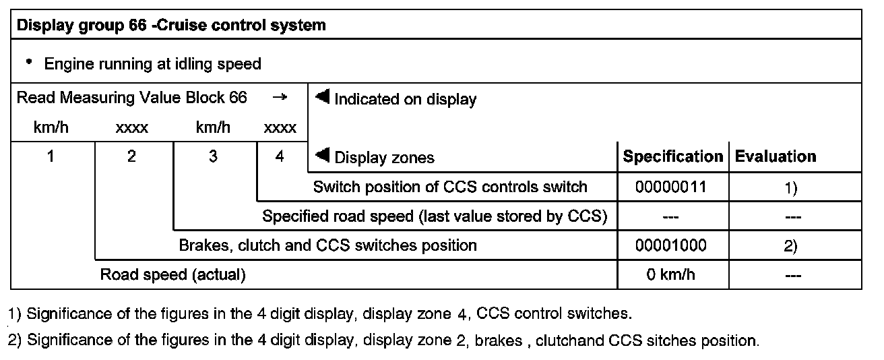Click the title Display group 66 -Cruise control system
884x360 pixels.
coord(171,26)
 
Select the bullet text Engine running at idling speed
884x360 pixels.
coord(152,65)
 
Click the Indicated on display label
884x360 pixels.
coord(404,100)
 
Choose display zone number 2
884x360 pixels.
coord(132,156)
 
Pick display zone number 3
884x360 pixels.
coord(213,156)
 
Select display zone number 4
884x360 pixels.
coord(280,156)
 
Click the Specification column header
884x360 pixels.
coord(672,156)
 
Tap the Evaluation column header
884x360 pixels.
coord(775,156)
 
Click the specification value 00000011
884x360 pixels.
coord(670,187)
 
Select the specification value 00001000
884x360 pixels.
coord(670,245)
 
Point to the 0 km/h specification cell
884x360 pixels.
coord(670,274)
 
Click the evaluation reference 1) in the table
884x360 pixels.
coord(791,188)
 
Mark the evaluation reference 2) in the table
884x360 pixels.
coord(791,246)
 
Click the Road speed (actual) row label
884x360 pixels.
coord(172,274)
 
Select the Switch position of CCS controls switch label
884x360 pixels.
coord(450,187)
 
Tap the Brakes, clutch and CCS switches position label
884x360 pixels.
coord(327,245)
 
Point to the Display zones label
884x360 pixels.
coord(384,158)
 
